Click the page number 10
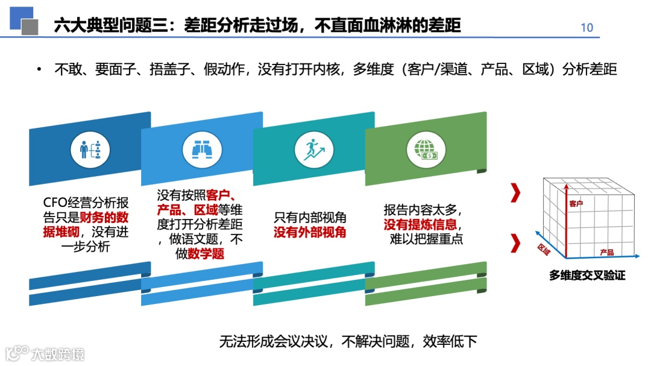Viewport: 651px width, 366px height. point(587,27)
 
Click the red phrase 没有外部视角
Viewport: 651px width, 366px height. point(310,232)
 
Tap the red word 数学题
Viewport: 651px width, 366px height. point(206,254)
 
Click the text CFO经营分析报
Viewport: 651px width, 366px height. point(86,203)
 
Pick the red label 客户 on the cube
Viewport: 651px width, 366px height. point(576,204)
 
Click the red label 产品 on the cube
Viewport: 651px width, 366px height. point(607,252)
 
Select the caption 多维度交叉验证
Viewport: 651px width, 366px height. point(587,276)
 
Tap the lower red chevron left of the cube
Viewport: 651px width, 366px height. point(515,243)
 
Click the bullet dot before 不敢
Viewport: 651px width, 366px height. point(39,69)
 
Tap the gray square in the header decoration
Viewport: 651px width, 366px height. point(30,27)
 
